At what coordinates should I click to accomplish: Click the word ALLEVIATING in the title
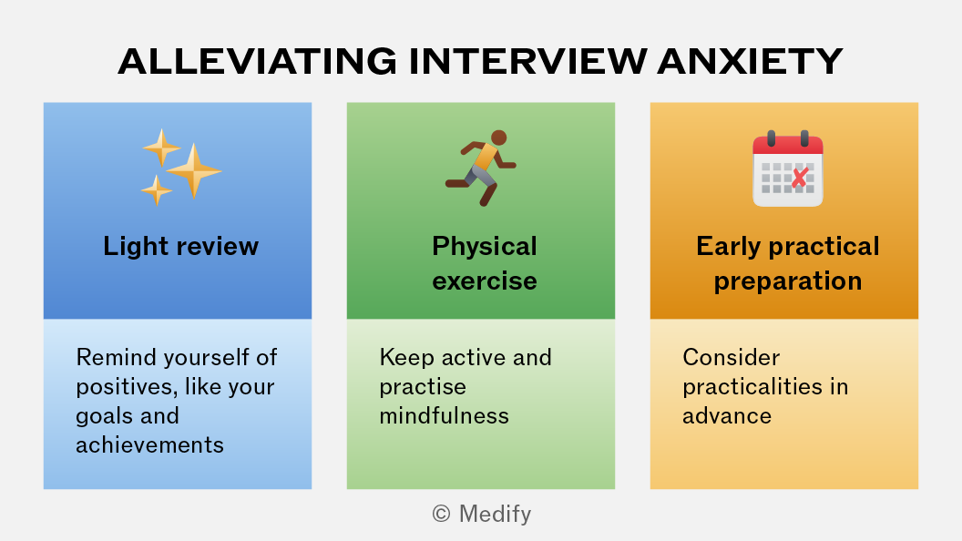258,61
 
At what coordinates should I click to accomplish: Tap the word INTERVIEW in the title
527,61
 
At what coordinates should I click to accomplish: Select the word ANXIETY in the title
751,61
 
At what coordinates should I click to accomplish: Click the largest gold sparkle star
194,171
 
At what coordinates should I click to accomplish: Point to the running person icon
481,168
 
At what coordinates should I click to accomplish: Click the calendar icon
788,168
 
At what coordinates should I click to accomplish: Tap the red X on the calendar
800,178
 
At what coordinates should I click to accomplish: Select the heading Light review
181,246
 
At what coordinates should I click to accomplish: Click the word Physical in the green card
484,247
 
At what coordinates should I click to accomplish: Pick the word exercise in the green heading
484,281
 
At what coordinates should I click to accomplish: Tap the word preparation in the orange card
788,281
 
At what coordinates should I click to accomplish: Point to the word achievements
149,444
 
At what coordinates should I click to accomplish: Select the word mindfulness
445,416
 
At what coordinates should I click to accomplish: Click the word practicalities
752,387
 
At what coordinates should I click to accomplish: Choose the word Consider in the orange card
732,357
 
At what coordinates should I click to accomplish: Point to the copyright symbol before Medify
441,514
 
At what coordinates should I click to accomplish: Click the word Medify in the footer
495,515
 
